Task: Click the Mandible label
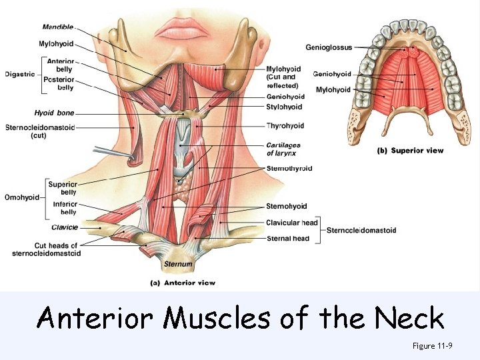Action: pyautogui.click(x=58, y=27)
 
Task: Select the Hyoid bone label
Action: pyautogui.click(x=54, y=113)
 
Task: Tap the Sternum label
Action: pyautogui.click(x=178, y=264)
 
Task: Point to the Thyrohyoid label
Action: pyautogui.click(x=285, y=125)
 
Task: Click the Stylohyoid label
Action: pyautogui.click(x=284, y=107)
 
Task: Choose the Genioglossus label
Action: pyautogui.click(x=329, y=47)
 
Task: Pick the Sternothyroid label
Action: pyautogui.click(x=289, y=169)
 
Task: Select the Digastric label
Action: pyautogui.click(x=19, y=74)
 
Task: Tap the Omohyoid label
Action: pyautogui.click(x=21, y=197)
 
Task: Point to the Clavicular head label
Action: pyautogui.click(x=291, y=223)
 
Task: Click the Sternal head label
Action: pyautogui.click(x=287, y=238)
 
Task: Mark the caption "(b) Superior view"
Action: pyautogui.click(x=410, y=151)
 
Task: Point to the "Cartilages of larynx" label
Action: pyautogui.click(x=283, y=149)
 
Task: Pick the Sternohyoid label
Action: pyautogui.click(x=286, y=207)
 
